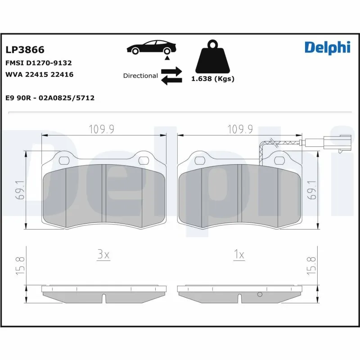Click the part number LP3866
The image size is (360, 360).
(x=25, y=49)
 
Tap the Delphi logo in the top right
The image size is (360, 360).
(x=327, y=48)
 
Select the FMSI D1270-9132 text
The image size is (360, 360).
(x=38, y=63)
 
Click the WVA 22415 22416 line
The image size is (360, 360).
(x=39, y=74)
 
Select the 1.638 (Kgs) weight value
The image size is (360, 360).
(x=213, y=79)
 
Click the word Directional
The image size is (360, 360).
(x=140, y=76)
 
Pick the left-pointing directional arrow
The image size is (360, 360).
(x=171, y=81)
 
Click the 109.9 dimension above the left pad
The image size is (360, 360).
(x=102, y=129)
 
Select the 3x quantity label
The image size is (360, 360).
(x=103, y=255)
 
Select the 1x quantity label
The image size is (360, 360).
(x=239, y=255)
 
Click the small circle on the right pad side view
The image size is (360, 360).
(x=259, y=295)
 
